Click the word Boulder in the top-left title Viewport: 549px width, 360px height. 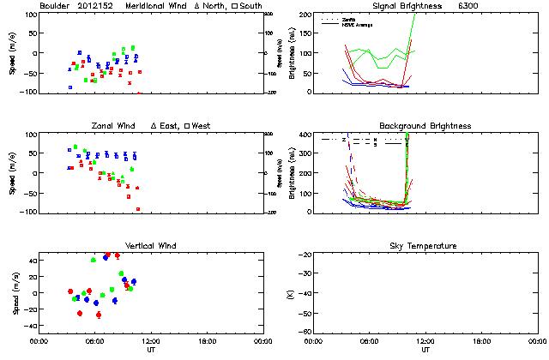pos(54,6)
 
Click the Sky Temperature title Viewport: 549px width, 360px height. pos(425,246)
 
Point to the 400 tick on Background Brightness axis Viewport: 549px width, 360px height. pos(305,135)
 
